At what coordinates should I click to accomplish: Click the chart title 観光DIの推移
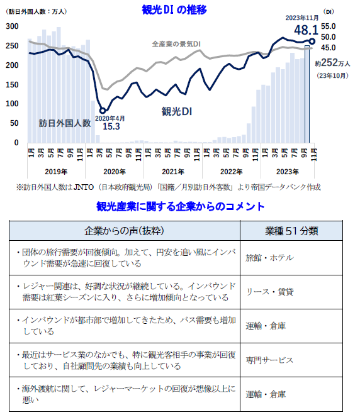pyautogui.click(x=175, y=9)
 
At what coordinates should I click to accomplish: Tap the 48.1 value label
pyautogui.click(x=296, y=30)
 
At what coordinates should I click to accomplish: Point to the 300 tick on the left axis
pyautogui.click(x=12, y=26)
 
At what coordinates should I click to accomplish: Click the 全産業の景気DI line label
pyautogui.click(x=176, y=45)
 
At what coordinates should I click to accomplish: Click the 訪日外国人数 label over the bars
pyautogui.click(x=64, y=123)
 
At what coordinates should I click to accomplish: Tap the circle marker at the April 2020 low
pyautogui.click(x=103, y=111)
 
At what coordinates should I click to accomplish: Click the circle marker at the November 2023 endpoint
pyautogui.click(x=313, y=41)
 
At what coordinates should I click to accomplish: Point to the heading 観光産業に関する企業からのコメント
pyautogui.click(x=179, y=206)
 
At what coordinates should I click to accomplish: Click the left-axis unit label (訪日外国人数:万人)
pyautogui.click(x=37, y=11)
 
